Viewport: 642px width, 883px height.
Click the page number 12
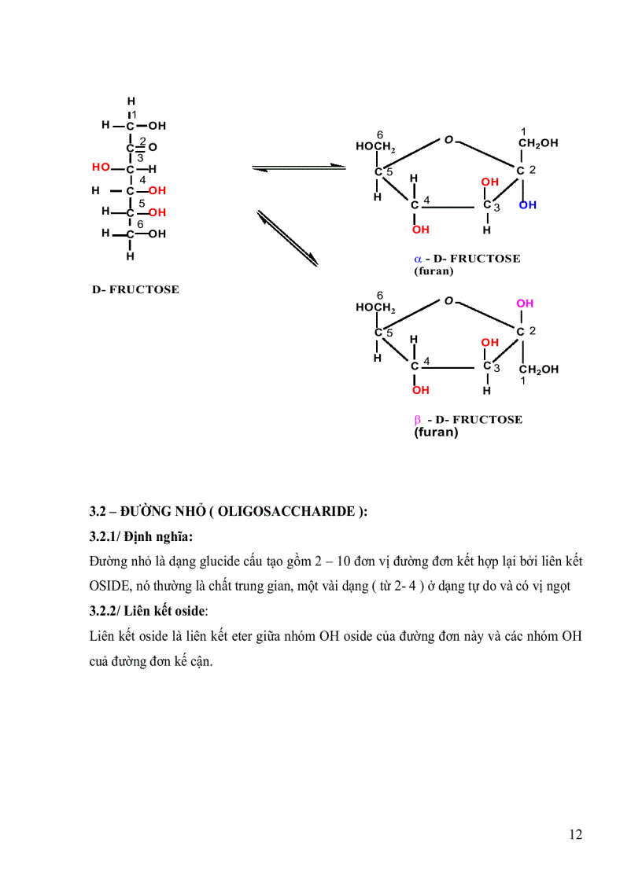click(x=575, y=834)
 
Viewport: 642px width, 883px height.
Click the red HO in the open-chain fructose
click(x=100, y=167)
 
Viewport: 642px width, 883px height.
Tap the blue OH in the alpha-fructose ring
click(x=527, y=205)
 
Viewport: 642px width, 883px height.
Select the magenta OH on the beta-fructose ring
click(x=525, y=304)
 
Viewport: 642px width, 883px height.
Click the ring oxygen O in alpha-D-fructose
click(x=448, y=140)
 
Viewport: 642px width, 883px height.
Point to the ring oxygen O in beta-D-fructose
click(x=448, y=301)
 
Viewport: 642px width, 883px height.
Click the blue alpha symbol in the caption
click(x=418, y=259)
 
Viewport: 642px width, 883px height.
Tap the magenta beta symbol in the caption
click(x=418, y=420)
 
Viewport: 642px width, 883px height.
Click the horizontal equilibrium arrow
click(x=299, y=167)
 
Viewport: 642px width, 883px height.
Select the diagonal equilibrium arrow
click(x=287, y=237)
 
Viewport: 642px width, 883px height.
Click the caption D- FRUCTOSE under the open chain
click(x=135, y=289)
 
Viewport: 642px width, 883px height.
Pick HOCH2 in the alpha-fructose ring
click(x=374, y=147)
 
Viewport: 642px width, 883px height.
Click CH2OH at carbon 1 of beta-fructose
click(x=539, y=370)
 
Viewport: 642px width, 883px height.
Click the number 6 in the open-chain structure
click(x=140, y=224)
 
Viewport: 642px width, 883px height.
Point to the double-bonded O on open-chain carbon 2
click(x=153, y=147)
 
